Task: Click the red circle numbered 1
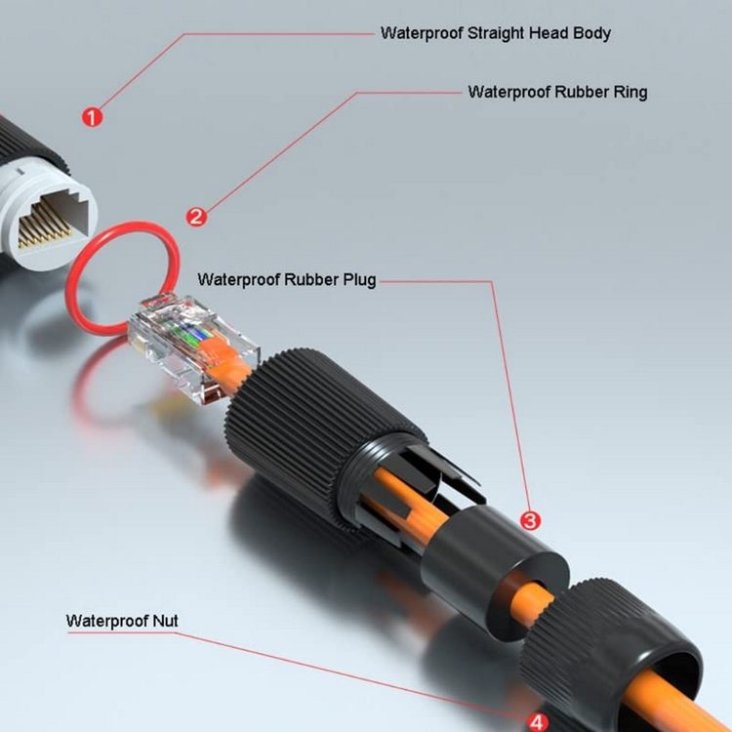pyautogui.click(x=92, y=118)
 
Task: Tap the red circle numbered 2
pyautogui.click(x=196, y=217)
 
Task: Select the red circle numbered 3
pyautogui.click(x=530, y=520)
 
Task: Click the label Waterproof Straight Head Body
pyautogui.click(x=495, y=33)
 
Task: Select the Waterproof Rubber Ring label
pyautogui.click(x=557, y=93)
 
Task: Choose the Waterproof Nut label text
pyautogui.click(x=122, y=620)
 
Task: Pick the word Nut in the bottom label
pyautogui.click(x=165, y=620)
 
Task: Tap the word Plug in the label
pyautogui.click(x=357, y=279)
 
